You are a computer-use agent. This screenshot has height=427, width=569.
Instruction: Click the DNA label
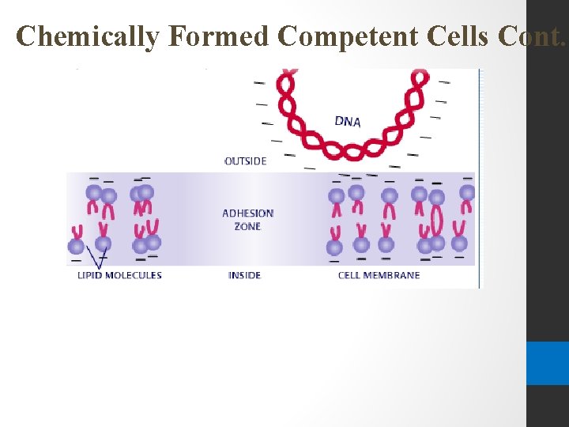(348, 121)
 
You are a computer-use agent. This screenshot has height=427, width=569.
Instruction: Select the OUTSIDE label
(246, 161)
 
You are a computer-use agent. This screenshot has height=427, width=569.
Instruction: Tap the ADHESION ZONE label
(247, 220)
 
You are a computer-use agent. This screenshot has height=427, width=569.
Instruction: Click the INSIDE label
(244, 275)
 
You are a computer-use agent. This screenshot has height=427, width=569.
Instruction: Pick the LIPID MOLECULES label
(119, 275)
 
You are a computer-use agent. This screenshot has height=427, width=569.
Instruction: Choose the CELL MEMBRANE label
(379, 275)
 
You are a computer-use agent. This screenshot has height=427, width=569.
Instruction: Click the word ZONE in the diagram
(247, 227)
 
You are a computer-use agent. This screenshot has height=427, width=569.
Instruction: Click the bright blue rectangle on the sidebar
(547, 363)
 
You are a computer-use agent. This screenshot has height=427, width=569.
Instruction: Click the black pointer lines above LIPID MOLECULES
(97, 258)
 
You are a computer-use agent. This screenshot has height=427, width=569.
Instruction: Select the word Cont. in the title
(538, 36)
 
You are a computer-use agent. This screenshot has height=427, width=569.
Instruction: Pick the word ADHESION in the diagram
(247, 213)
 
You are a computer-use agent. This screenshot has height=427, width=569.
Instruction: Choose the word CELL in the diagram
(349, 275)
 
